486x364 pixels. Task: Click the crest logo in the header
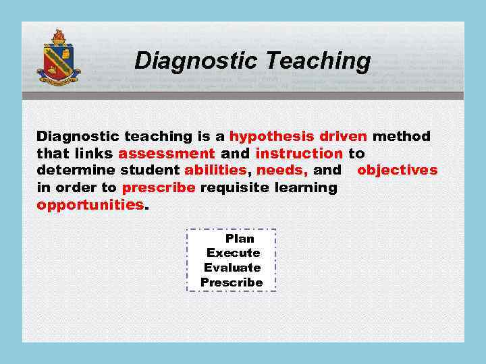point(58,60)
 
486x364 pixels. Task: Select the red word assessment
point(166,153)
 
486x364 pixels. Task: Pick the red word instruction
point(299,153)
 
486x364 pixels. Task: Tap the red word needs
point(281,170)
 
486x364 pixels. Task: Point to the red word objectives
point(397,170)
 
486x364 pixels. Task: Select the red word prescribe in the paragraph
point(159,187)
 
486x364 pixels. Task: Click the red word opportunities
point(90,204)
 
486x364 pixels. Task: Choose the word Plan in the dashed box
point(240,239)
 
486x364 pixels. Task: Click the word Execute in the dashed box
point(233,253)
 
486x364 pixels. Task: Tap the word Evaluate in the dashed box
point(232,268)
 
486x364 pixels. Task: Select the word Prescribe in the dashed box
point(232,282)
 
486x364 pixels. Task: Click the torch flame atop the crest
point(58,36)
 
